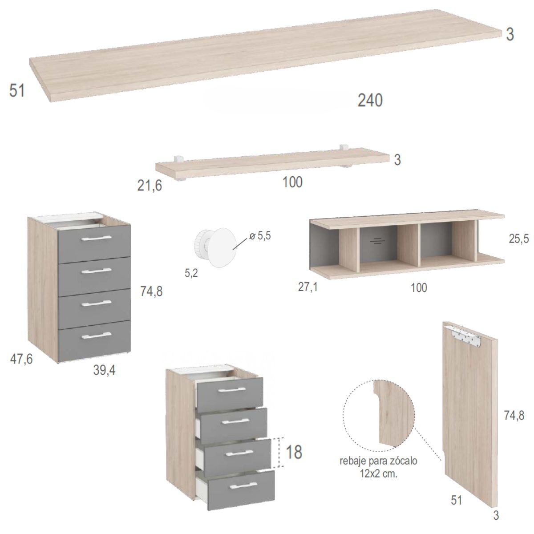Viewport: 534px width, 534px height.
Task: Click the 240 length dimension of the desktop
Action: pos(370,100)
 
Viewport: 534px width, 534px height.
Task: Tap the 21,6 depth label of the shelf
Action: pos(150,185)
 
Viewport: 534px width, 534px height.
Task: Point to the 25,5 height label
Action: pos(518,239)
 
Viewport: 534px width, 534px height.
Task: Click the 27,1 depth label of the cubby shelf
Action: pos(307,287)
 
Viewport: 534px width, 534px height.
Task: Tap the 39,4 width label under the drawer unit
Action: pos(104,370)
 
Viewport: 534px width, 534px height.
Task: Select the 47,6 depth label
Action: pos(21,359)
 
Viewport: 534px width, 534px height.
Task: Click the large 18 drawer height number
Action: pos(294,452)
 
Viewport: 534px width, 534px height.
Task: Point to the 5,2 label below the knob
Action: pos(191,273)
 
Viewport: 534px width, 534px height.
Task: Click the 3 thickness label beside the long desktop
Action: pos(510,35)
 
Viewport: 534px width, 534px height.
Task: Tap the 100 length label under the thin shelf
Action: pos(292,182)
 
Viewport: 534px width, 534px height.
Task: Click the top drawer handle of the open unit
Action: pos(232,390)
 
